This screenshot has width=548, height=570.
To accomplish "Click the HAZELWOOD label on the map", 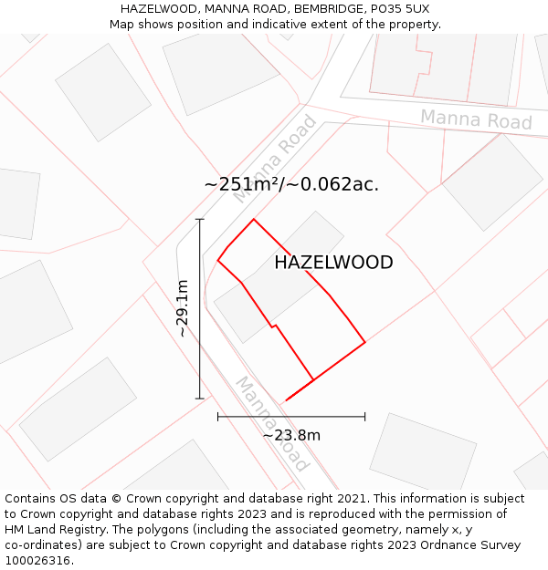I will tap(333, 263).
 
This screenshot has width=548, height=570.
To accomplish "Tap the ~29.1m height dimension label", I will tap(183, 309).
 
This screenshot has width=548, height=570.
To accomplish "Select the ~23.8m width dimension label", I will tap(291, 435).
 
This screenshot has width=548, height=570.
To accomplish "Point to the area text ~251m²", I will tap(240, 184).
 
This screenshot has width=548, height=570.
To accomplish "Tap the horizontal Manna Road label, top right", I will tap(476, 119).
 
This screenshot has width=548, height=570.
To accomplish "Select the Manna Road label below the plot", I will tap(271, 424).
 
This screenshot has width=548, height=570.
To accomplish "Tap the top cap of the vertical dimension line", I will tap(200, 220).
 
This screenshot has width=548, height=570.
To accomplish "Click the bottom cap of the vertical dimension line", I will tap(200, 399).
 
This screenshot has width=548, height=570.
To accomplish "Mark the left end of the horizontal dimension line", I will tap(218, 417).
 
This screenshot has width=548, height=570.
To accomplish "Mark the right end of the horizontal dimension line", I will tap(364, 417).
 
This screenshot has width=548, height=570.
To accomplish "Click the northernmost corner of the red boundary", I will tap(254, 219).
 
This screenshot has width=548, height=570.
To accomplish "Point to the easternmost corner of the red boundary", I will tap(365, 342).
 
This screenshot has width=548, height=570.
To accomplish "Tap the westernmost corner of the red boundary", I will tap(217, 261).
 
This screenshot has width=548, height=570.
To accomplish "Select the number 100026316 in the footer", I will tap(37, 560).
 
